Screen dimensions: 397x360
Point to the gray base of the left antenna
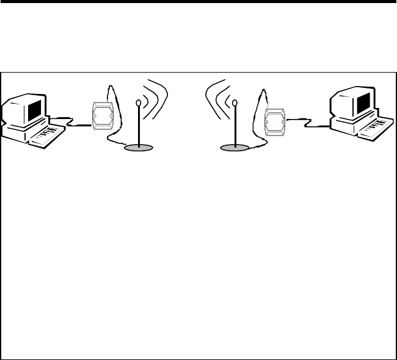click(x=141, y=148)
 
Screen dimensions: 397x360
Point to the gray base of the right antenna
click(x=236, y=148)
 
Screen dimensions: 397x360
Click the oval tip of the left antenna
click(x=139, y=103)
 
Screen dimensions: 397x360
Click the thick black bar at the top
click(x=198, y=2)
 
